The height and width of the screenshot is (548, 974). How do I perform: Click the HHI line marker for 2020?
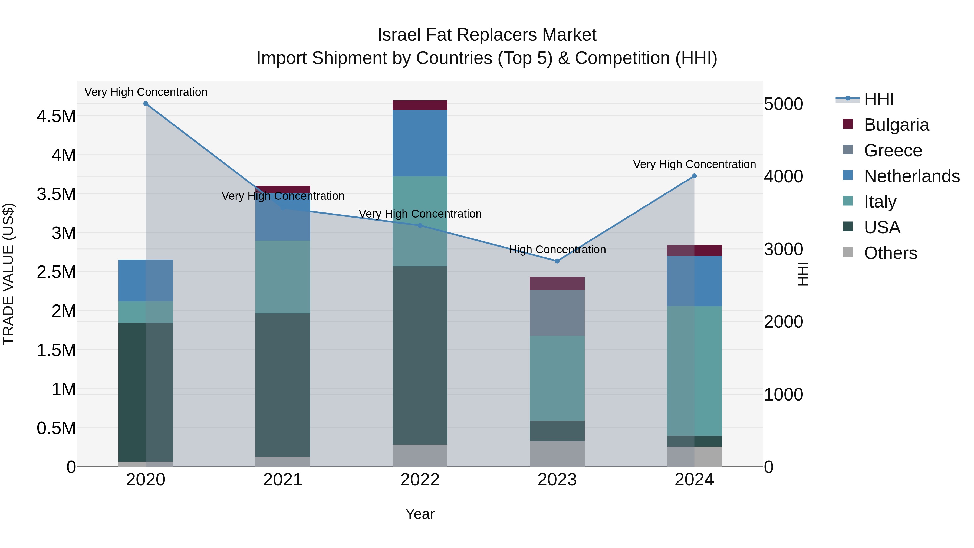[146, 104]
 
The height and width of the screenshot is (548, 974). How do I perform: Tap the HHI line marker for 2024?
[694, 176]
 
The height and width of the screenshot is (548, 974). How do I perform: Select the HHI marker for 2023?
[557, 261]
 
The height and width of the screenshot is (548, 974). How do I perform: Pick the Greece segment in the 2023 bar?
[557, 313]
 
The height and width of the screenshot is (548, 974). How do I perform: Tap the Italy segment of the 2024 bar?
[694, 371]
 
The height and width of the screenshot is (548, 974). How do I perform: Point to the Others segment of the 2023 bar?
[557, 454]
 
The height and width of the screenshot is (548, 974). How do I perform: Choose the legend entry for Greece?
[893, 150]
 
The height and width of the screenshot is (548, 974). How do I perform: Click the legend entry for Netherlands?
[912, 176]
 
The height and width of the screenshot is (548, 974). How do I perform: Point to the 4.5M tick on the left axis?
[56, 116]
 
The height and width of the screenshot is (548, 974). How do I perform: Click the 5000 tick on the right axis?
[783, 104]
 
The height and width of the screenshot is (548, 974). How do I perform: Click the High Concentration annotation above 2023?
[557, 250]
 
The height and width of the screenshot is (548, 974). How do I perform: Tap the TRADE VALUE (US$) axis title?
[8, 274]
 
